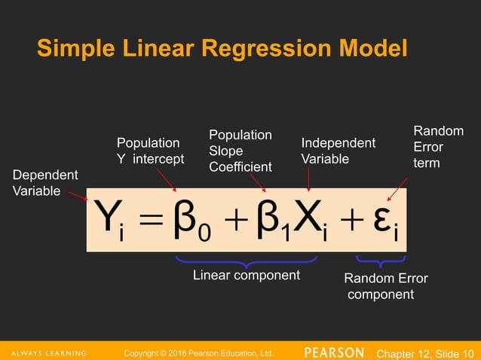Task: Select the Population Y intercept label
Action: click(x=149, y=151)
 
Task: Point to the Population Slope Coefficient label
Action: click(x=240, y=150)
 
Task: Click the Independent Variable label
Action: click(x=338, y=151)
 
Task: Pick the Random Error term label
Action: click(x=438, y=147)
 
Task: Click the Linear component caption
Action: click(x=247, y=276)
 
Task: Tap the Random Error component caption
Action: click(x=384, y=286)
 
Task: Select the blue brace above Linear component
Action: click(x=247, y=261)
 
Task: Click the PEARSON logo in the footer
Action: click(x=335, y=352)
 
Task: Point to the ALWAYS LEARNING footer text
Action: click(x=50, y=352)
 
